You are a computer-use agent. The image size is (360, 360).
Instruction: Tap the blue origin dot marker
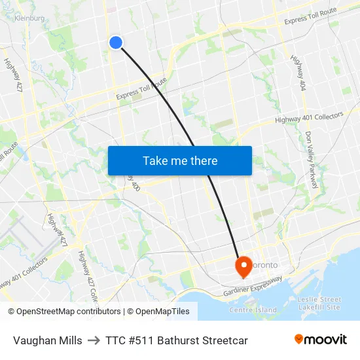point(116,42)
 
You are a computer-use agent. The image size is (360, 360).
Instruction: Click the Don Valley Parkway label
point(313,160)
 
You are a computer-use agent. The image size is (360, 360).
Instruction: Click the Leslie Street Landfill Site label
point(319,303)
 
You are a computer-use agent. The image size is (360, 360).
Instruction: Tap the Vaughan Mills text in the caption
point(48,340)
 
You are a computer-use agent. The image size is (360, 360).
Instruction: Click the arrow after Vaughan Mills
point(94,340)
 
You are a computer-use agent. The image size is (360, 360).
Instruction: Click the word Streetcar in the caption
point(226,340)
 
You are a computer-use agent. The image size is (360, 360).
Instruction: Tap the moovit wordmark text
point(325,339)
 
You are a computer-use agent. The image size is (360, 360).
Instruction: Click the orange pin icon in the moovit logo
point(298,339)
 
